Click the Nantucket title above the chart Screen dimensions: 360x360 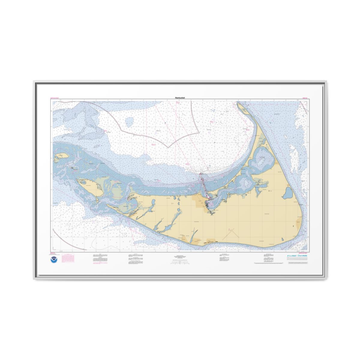pyautogui.click(x=180, y=98)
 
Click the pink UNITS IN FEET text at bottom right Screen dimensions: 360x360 pyautogui.click(x=305, y=253)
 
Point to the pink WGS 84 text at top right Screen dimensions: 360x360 pyautogui.click(x=306, y=98)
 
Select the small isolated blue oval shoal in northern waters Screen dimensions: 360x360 pyautogui.click(x=129, y=121)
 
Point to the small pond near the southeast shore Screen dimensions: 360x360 pyautogui.click(x=283, y=239)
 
